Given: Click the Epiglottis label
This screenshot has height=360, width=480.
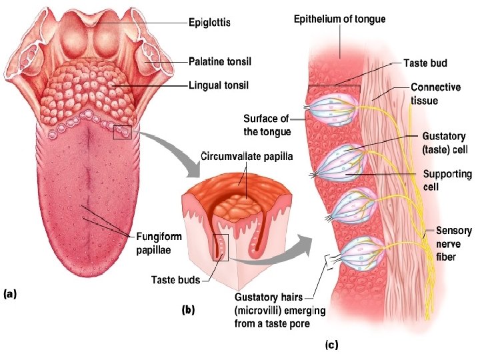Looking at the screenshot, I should coord(209,23).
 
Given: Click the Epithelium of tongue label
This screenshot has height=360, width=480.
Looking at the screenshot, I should coord(339,19).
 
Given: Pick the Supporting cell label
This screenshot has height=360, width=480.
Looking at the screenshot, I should coord(448,181).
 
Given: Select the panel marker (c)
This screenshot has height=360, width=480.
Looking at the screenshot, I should coord(331,345).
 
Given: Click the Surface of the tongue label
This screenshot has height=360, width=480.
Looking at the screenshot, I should coord(266,125).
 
